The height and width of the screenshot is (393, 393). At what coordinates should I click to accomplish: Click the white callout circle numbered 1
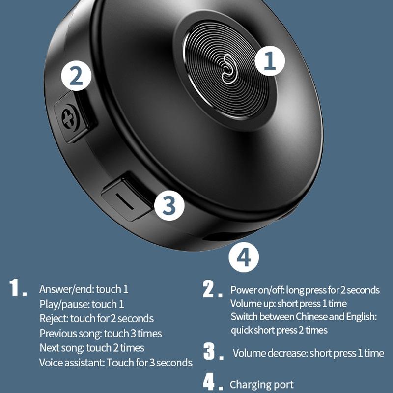(270, 61)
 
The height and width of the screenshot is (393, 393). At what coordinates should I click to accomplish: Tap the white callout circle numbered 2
(76, 77)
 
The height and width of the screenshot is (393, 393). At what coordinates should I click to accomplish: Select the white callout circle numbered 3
(169, 205)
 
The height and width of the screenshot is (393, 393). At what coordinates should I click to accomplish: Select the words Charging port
(262, 385)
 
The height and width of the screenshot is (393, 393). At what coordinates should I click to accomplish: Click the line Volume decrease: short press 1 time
(308, 353)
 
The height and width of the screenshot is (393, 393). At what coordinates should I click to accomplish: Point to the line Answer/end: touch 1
(84, 289)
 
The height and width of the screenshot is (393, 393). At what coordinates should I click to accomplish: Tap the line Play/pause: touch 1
(82, 304)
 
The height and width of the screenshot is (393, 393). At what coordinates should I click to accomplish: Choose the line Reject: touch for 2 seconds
(96, 319)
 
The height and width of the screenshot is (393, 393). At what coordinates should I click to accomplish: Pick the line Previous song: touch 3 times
(101, 334)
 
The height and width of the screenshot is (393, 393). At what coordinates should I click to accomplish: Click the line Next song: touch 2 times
(92, 348)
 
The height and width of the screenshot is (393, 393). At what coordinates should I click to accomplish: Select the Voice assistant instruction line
(115, 363)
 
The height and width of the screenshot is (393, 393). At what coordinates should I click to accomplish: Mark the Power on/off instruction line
(305, 290)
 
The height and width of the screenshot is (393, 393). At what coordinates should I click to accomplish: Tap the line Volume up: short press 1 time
(288, 303)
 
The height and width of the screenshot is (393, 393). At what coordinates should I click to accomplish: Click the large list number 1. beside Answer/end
(18, 288)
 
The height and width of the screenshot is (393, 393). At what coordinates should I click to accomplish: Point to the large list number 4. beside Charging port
(210, 383)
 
